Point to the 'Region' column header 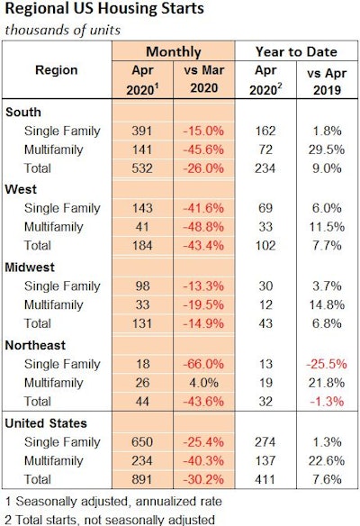[x=56, y=69]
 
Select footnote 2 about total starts [x=112, y=518]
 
